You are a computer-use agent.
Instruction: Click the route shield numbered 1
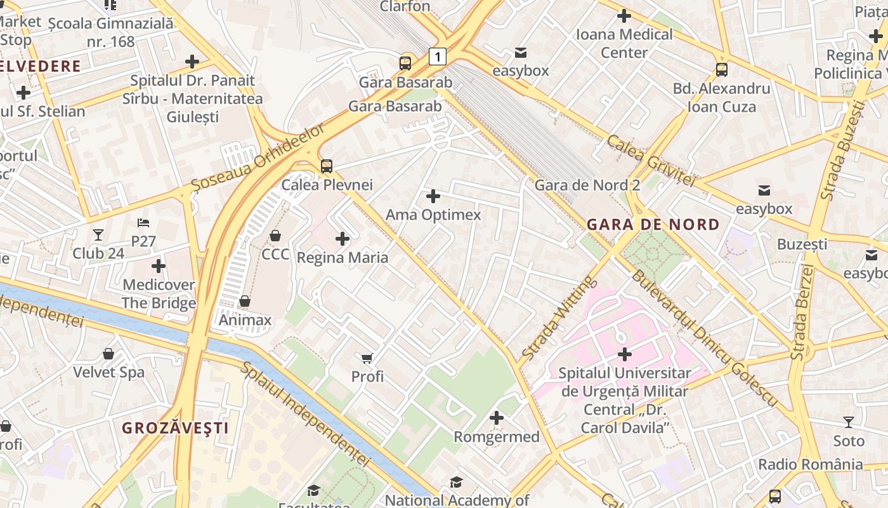[437, 56]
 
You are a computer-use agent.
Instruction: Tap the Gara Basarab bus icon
[405, 63]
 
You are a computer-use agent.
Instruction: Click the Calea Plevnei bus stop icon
[327, 166]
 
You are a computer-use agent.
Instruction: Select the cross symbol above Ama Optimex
[433, 196]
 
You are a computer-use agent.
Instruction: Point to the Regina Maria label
[343, 258]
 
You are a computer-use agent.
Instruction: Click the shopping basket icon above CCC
[275, 236]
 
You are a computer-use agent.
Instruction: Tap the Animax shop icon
[245, 301]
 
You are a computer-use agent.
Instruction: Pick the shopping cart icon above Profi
[367, 358]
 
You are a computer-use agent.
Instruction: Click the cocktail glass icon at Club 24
[98, 235]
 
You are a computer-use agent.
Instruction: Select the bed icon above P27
[144, 223]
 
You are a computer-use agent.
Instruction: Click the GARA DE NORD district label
[653, 224]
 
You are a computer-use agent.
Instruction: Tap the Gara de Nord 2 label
[587, 185]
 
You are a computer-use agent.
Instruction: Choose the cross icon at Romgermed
[497, 418]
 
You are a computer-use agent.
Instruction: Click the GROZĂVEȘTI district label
[175, 428]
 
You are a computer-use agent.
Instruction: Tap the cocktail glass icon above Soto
[849, 422]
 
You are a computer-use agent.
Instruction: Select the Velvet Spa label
[109, 372]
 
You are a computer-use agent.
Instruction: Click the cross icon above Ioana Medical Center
[624, 16]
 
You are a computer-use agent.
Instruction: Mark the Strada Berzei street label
[803, 312]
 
